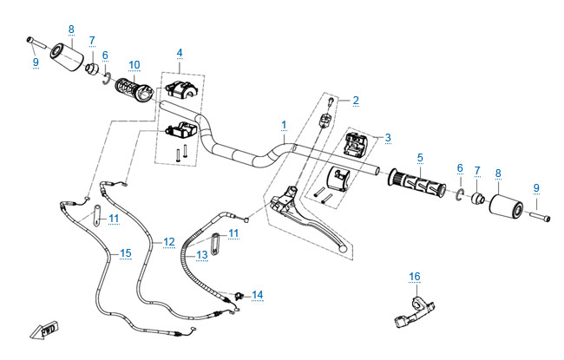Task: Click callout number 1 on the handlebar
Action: tap(284, 126)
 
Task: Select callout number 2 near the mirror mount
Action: tap(355, 101)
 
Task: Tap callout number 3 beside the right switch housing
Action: tap(388, 137)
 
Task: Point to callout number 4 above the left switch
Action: tap(180, 54)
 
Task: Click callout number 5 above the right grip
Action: tap(420, 158)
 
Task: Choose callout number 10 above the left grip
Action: tap(134, 65)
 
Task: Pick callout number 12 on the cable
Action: tap(168, 241)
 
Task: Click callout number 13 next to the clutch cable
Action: tap(202, 254)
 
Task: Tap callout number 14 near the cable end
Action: tap(257, 295)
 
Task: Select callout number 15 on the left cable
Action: tap(126, 252)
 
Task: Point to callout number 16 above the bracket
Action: tap(414, 277)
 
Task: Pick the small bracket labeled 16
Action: tap(411, 311)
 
